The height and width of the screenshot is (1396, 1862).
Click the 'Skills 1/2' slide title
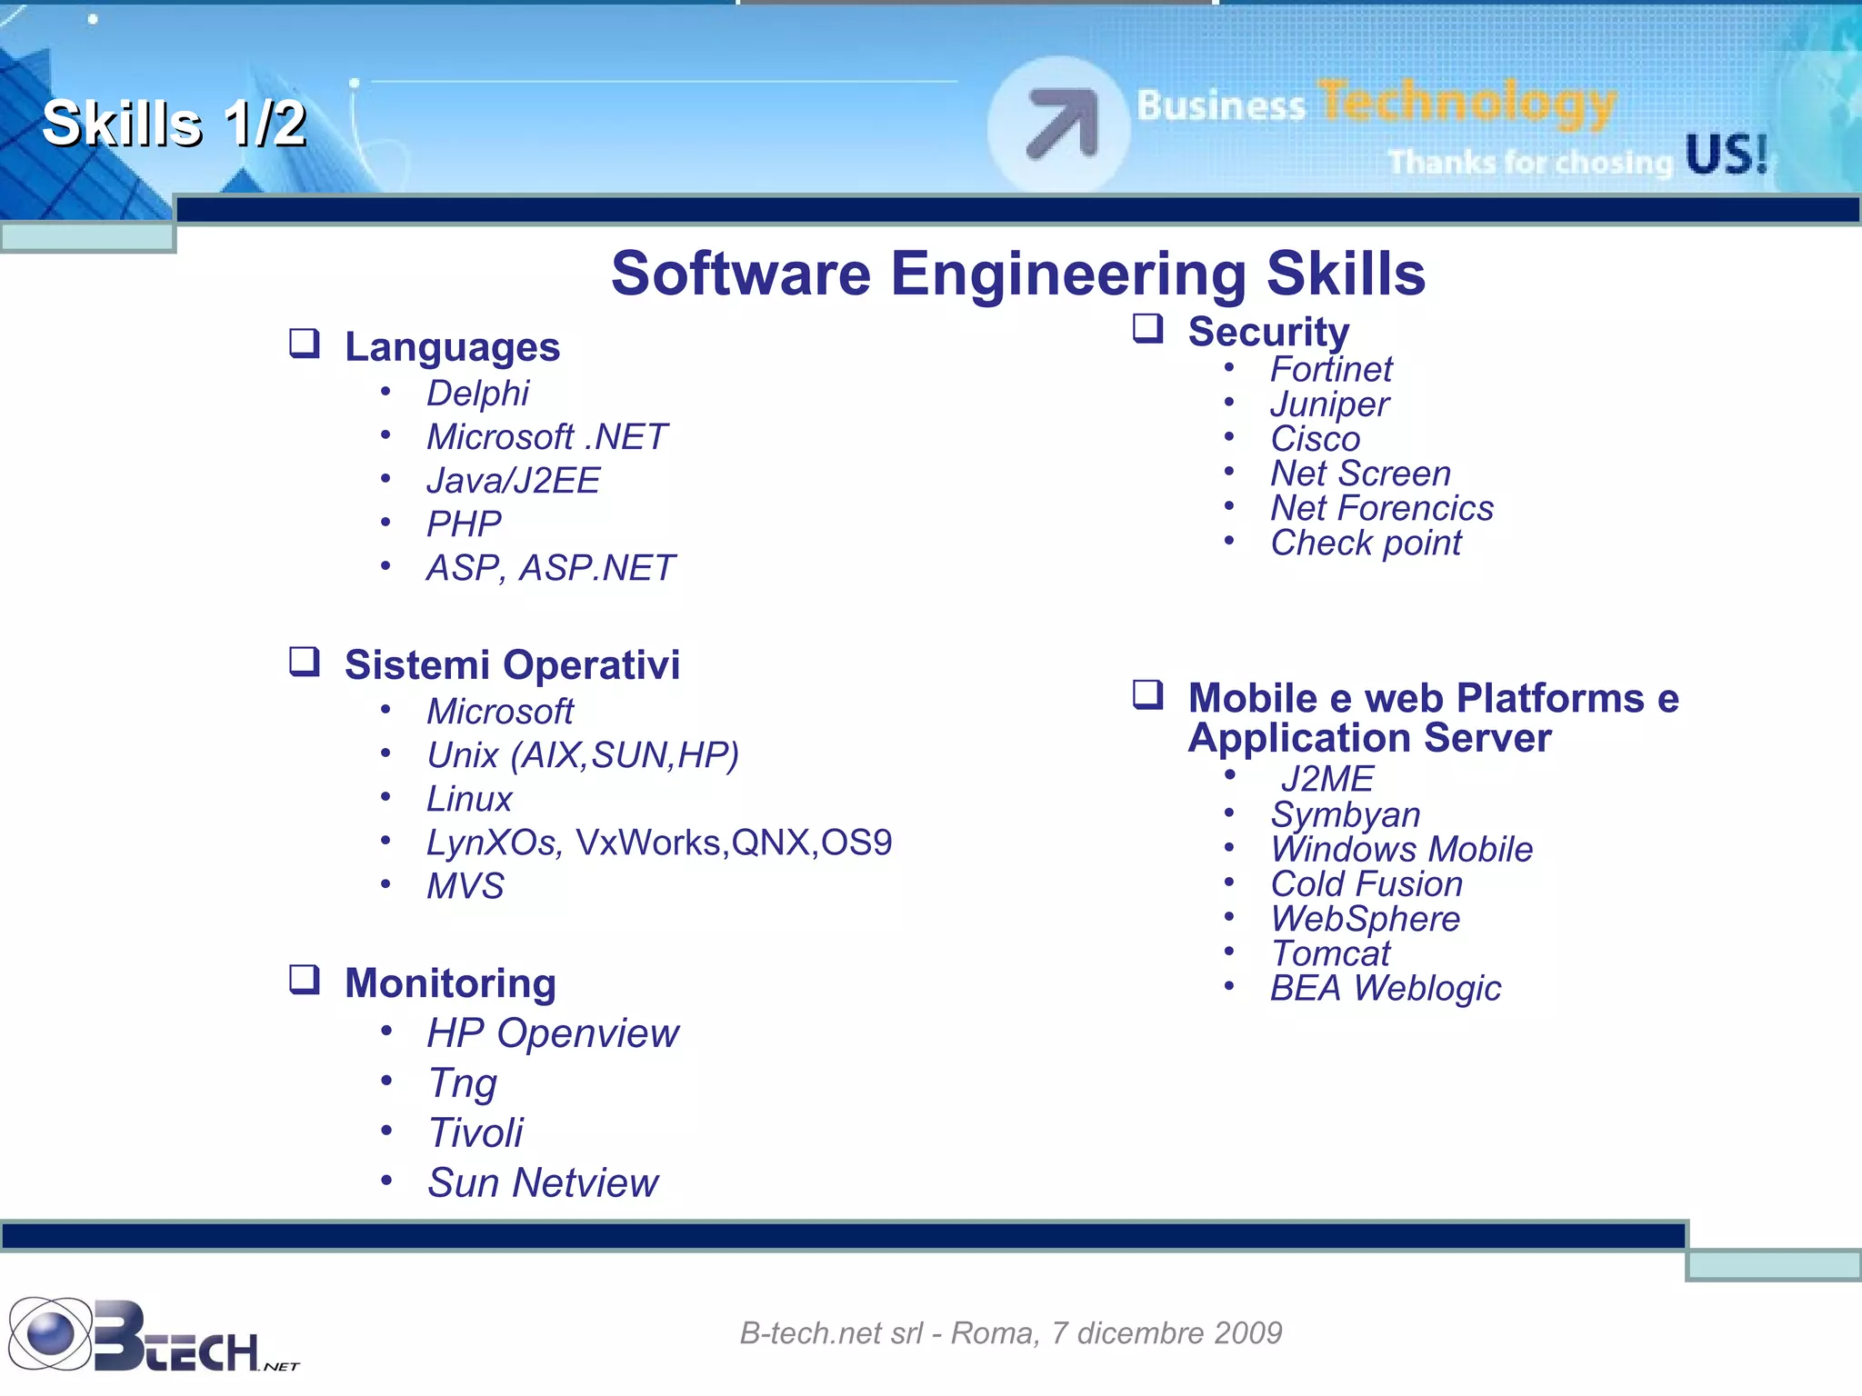[x=174, y=124]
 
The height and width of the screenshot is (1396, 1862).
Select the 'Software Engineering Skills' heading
[x=1017, y=274]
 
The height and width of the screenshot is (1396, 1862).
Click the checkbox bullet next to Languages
[x=305, y=344]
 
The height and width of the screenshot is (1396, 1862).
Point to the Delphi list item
[x=477, y=394]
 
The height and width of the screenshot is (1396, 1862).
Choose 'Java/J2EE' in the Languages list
[x=513, y=481]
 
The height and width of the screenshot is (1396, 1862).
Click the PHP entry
[x=464, y=524]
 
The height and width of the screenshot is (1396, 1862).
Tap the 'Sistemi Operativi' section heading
[x=512, y=665]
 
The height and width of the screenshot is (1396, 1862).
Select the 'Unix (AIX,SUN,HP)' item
[x=583, y=755]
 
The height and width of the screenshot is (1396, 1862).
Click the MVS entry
[x=465, y=886]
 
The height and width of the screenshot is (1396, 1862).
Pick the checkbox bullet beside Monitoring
[x=305, y=980]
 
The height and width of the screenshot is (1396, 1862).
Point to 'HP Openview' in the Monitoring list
[x=553, y=1033]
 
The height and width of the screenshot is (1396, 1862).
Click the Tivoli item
[x=476, y=1133]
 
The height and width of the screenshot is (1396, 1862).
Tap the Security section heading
[x=1268, y=332]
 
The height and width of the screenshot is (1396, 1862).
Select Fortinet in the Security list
[x=1331, y=370]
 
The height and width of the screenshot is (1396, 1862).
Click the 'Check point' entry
[x=1366, y=543]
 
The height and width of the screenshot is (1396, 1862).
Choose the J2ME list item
[x=1326, y=780]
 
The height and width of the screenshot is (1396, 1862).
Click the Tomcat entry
[x=1330, y=953]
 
